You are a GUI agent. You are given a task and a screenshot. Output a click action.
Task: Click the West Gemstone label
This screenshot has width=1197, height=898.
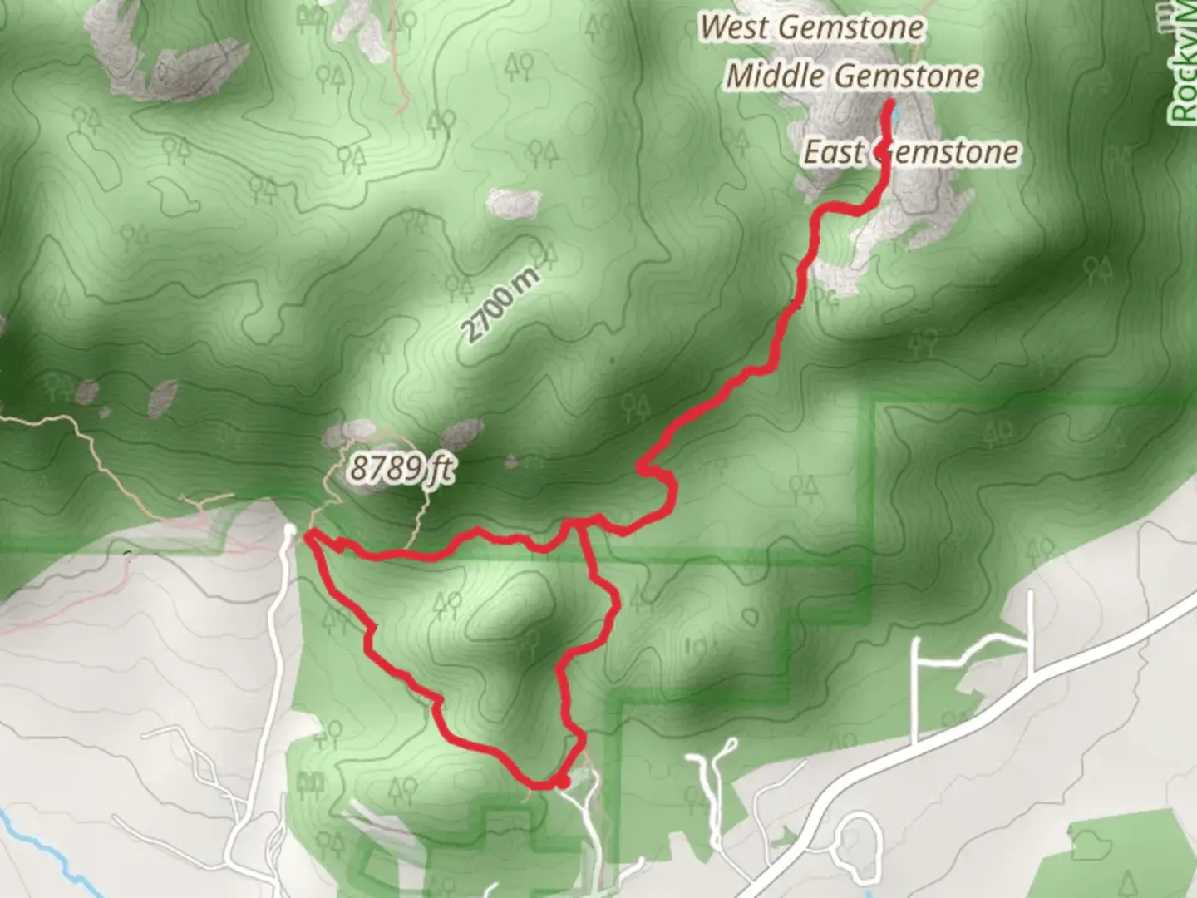(x=810, y=27)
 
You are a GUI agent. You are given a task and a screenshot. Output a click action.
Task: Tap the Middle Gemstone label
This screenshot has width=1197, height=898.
(x=853, y=76)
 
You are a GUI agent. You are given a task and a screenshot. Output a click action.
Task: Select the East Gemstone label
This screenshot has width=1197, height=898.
(x=911, y=152)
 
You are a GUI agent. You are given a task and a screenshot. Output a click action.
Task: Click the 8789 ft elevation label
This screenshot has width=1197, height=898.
(x=401, y=468)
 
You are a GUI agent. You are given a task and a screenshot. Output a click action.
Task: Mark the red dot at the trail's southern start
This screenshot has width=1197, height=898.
(x=563, y=782)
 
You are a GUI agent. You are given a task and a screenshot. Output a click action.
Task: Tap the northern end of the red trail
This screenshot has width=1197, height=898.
(x=889, y=103)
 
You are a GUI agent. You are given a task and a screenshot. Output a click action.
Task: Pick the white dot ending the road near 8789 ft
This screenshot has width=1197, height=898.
(x=289, y=529)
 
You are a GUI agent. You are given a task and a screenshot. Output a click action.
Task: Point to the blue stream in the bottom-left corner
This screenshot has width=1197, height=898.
(x=42, y=840)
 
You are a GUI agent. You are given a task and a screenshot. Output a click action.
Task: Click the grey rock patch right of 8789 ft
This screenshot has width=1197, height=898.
(x=462, y=433)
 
